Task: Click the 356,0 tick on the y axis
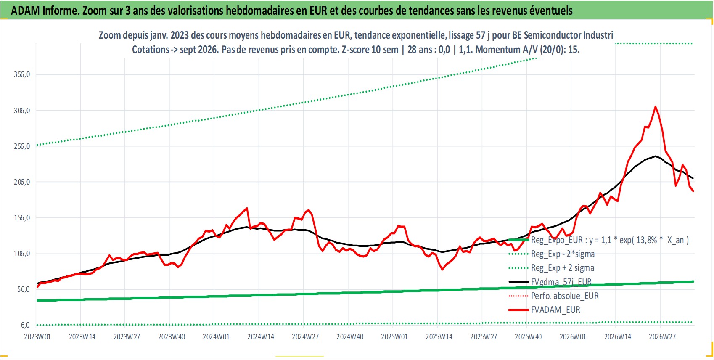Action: [22, 74]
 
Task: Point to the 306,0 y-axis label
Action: [22, 111]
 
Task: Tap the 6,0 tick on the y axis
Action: [26, 325]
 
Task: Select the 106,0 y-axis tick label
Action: [22, 254]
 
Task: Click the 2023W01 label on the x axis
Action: [37, 337]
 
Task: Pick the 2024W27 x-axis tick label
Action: [305, 337]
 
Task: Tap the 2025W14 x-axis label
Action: [439, 337]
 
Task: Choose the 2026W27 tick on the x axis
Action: [662, 337]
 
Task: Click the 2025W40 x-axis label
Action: [529, 337]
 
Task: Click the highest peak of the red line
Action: [656, 106]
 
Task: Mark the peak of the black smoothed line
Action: [656, 156]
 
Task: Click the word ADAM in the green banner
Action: [26, 11]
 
